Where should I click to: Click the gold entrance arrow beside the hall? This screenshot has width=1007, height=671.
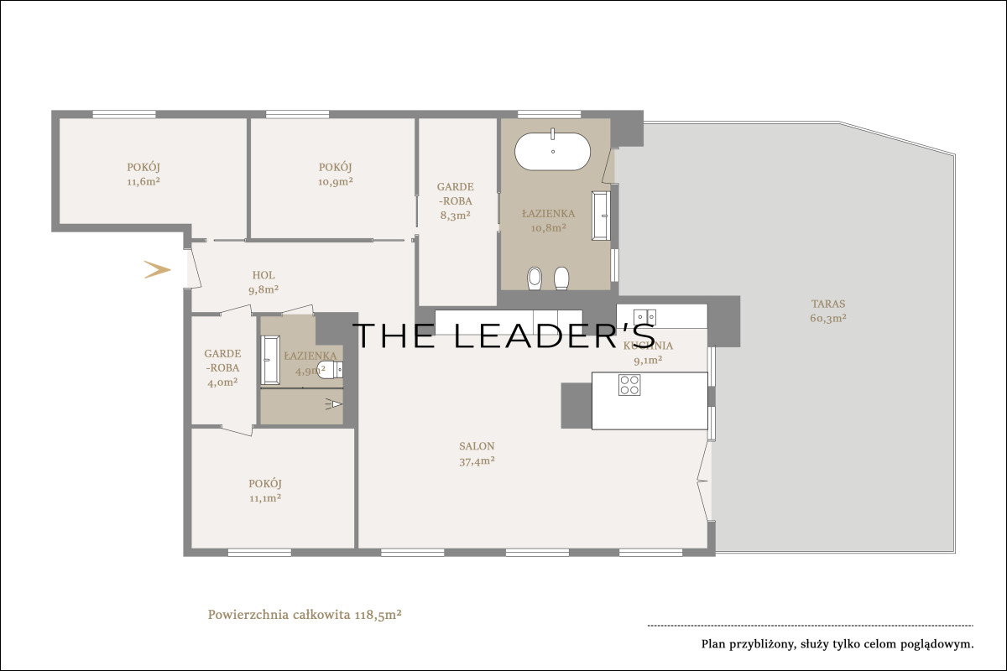click(x=158, y=269)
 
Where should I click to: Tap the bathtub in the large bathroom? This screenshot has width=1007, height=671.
click(x=552, y=151)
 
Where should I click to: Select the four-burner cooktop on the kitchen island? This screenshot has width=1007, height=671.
click(x=629, y=385)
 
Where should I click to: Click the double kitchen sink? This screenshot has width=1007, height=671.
click(x=644, y=317)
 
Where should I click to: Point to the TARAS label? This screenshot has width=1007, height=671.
click(x=828, y=304)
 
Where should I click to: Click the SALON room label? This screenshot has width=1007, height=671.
click(x=477, y=446)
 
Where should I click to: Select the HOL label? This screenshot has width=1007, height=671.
click(x=263, y=275)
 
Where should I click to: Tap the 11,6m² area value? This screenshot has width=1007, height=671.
click(x=143, y=182)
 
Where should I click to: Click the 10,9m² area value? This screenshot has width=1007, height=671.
click(x=336, y=182)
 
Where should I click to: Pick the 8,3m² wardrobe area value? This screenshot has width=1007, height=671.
click(x=456, y=216)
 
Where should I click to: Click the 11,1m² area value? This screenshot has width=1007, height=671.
click(x=265, y=498)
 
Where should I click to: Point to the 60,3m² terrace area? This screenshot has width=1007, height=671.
click(x=828, y=318)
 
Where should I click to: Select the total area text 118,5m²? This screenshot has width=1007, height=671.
click(x=378, y=615)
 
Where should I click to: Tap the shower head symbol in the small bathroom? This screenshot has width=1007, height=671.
click(x=334, y=404)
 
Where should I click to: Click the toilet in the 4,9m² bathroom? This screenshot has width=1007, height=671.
click(x=331, y=370)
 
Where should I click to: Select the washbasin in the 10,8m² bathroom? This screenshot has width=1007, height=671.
click(x=601, y=216)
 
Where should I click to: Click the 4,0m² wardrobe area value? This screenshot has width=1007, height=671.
click(x=222, y=382)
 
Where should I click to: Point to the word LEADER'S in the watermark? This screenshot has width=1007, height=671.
click(x=555, y=335)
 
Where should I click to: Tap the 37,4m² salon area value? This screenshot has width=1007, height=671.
click(x=477, y=461)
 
